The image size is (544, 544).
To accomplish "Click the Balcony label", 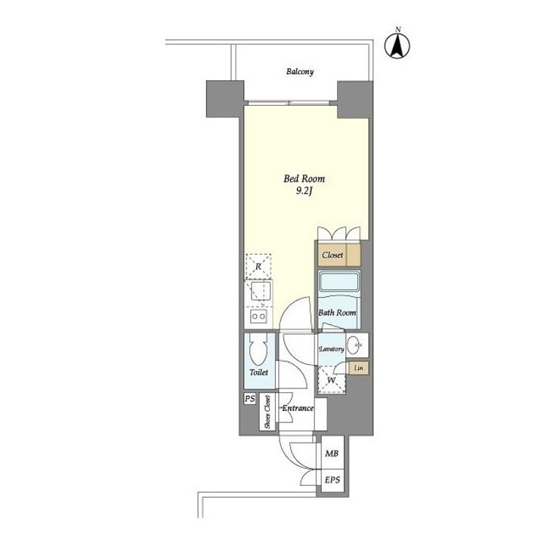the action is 300,72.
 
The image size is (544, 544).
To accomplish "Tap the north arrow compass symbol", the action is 397,45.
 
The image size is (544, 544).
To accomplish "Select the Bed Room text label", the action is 304,178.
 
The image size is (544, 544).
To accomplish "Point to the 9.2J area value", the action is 304,191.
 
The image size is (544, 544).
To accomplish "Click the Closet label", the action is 332,255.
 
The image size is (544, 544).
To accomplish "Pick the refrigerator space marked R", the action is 258,267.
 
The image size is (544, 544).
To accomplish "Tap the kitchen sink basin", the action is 260,291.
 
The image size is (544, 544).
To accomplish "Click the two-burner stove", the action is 259,316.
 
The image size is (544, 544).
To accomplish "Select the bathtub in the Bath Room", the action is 340,283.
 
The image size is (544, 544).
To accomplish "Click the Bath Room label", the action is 337,313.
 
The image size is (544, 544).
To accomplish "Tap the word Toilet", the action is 259,372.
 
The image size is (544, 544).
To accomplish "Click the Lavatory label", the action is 332,349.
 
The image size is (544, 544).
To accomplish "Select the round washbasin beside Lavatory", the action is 354,345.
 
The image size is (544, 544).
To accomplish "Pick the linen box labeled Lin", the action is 359,368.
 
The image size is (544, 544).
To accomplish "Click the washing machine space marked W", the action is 332,380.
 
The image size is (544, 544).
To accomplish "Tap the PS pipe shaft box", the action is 250,398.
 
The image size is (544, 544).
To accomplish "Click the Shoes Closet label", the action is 267,412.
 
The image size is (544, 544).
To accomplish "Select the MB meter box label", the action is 332,453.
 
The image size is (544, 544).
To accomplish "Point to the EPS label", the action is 332,481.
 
